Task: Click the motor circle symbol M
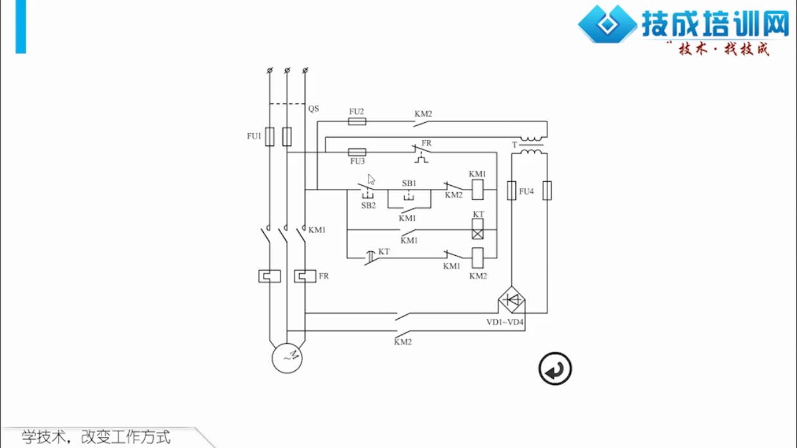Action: (x=287, y=358)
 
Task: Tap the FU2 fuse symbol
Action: (x=357, y=121)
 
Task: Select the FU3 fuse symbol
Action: (x=357, y=152)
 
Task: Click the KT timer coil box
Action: (x=477, y=229)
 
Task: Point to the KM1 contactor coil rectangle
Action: (x=477, y=190)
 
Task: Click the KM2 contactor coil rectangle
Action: (x=477, y=258)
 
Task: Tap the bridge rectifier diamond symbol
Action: (x=511, y=300)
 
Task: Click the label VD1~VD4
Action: (x=505, y=322)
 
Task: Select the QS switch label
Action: (x=313, y=109)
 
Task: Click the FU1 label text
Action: (x=254, y=136)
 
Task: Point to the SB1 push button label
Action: (x=409, y=183)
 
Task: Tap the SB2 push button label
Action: (x=368, y=206)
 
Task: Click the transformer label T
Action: (x=515, y=145)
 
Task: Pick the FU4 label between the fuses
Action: (x=527, y=192)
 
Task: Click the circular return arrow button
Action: (x=555, y=369)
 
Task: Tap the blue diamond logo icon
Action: (x=607, y=24)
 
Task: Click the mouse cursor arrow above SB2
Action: (x=371, y=179)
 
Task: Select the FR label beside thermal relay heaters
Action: (x=324, y=276)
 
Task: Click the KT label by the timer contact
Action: (x=384, y=252)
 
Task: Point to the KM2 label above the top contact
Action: (x=423, y=114)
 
